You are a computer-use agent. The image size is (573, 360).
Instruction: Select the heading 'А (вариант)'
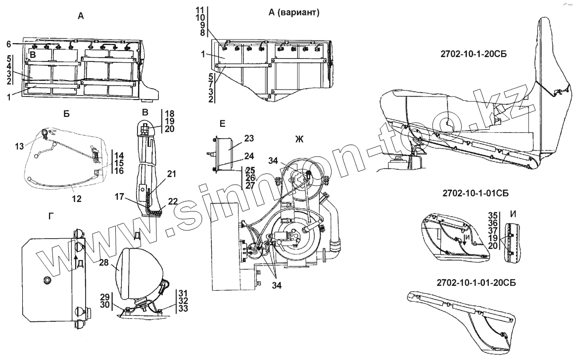point(294,13)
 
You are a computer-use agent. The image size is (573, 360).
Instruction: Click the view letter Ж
point(299,140)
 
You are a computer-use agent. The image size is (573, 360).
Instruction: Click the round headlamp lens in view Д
point(130,272)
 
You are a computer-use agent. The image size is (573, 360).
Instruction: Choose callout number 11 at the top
point(199,10)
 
